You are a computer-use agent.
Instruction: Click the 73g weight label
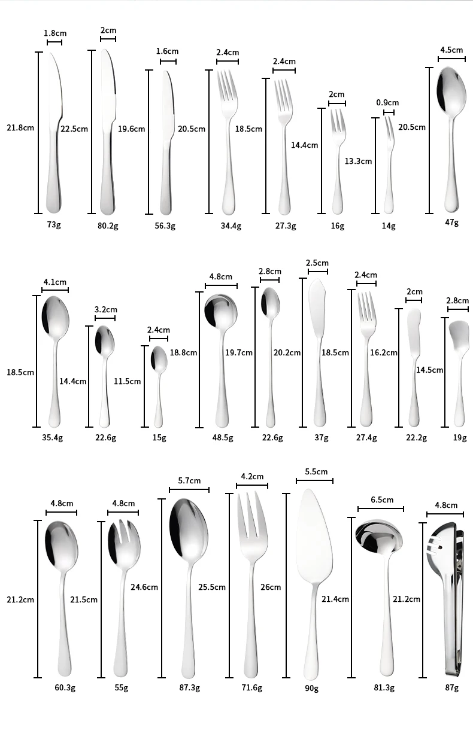point(54,225)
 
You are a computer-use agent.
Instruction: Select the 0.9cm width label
point(387,103)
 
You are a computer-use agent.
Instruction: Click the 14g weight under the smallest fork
point(389,226)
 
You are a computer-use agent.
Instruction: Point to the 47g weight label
point(451,223)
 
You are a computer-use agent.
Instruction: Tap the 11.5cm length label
point(128,381)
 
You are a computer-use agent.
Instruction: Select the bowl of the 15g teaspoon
point(159,358)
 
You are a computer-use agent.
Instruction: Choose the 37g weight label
point(322,438)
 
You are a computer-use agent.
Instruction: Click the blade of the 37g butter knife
point(318,302)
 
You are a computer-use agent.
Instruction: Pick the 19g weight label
point(459,438)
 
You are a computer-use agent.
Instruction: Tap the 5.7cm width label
point(189,481)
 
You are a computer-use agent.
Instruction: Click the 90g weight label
point(311,689)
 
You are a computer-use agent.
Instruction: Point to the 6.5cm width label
point(382,500)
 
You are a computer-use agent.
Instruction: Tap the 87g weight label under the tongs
point(451,688)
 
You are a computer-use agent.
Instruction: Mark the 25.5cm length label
point(212,587)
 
